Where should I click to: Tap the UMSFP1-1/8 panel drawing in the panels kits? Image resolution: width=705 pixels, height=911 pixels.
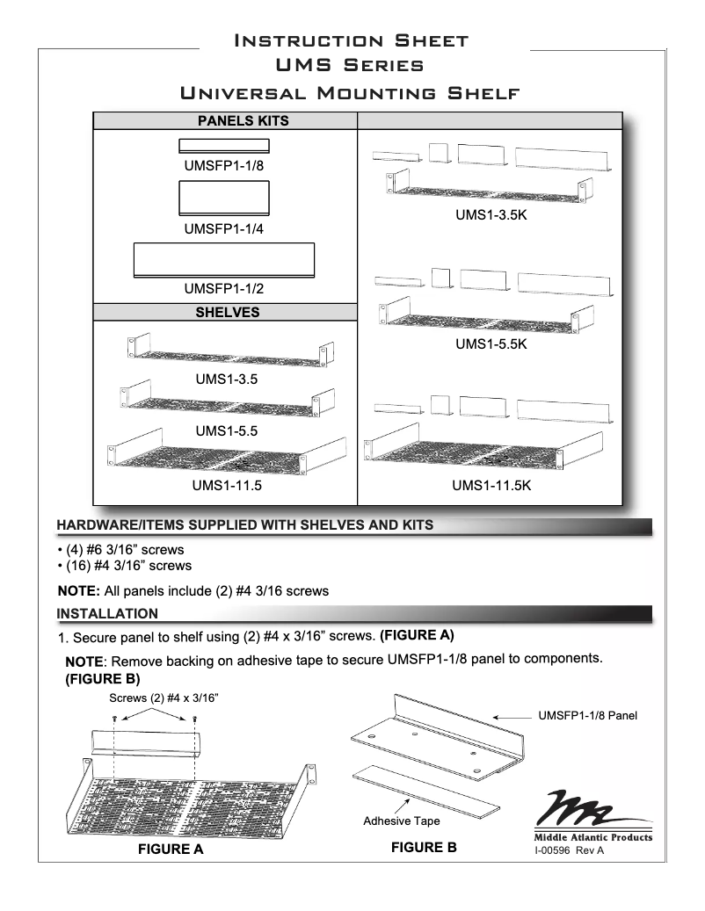[x=224, y=146]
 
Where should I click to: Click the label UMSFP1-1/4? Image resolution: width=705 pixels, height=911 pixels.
[x=224, y=230]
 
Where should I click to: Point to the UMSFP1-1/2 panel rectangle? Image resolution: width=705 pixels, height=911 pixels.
[x=224, y=261]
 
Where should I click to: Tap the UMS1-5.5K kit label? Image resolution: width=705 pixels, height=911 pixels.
[x=491, y=345]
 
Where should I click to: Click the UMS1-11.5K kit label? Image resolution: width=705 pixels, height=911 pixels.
[x=491, y=485]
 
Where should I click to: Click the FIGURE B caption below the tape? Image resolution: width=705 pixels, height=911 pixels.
[x=424, y=848]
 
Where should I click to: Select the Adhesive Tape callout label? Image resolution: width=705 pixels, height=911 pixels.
[x=402, y=821]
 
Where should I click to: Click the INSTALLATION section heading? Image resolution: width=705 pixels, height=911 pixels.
[x=107, y=612]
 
